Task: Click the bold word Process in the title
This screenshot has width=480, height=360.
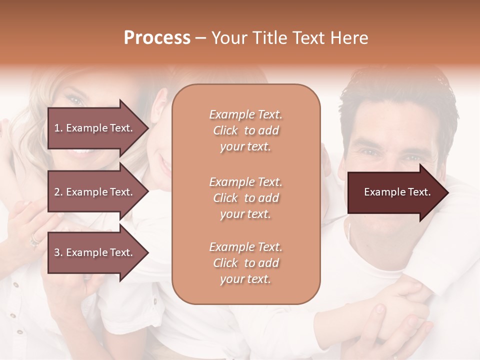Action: pyautogui.click(x=157, y=37)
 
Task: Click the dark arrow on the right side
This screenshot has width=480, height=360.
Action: pyautogui.click(x=395, y=192)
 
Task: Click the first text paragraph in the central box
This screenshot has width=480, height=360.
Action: pyautogui.click(x=245, y=130)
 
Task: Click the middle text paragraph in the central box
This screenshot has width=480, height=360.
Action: pyautogui.click(x=245, y=198)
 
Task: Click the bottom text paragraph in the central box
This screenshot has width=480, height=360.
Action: pyautogui.click(x=245, y=263)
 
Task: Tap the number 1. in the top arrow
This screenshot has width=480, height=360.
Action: pyautogui.click(x=58, y=128)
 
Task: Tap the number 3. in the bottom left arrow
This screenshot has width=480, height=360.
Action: pyautogui.click(x=58, y=252)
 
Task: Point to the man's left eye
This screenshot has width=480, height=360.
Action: pyautogui.click(x=413, y=158)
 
